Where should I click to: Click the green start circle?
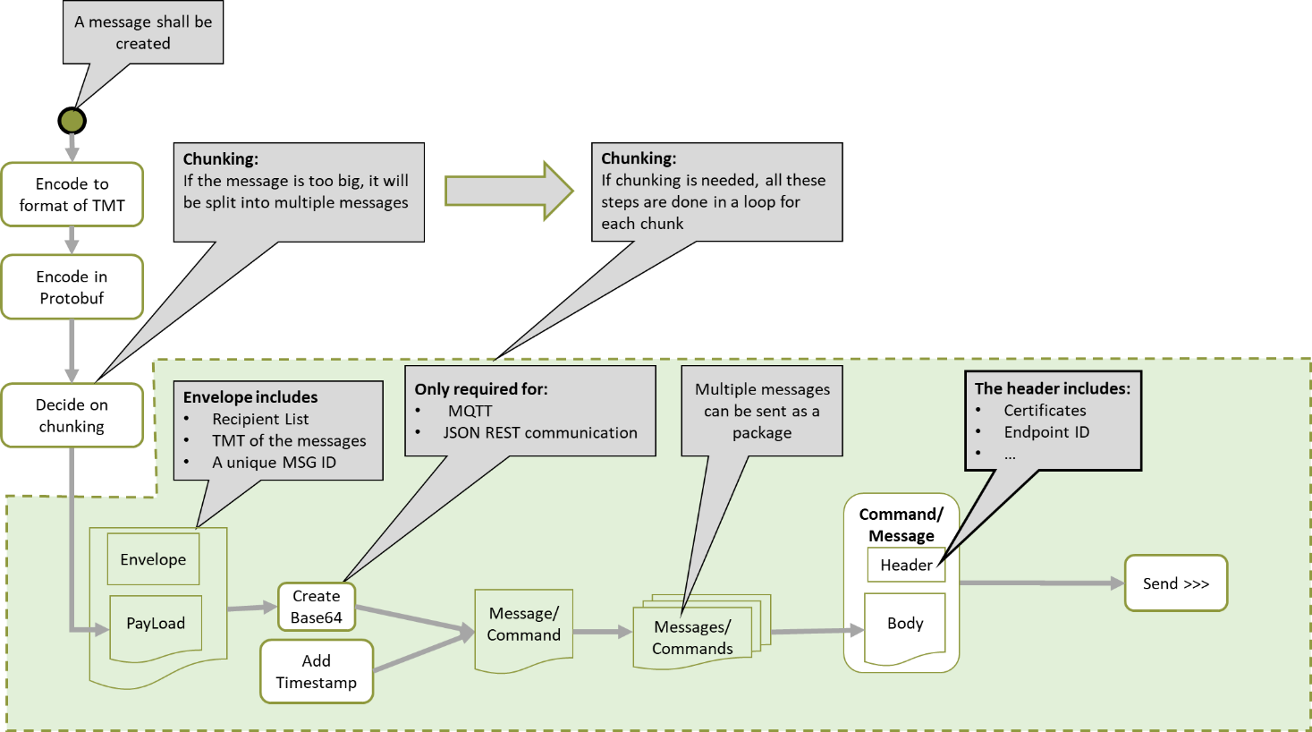click(72, 121)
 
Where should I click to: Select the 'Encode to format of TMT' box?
click(72, 194)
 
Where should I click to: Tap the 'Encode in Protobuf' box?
click(72, 287)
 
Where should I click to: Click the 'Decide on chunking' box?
click(72, 415)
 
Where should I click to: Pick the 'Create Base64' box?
click(317, 607)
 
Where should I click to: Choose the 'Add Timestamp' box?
click(317, 671)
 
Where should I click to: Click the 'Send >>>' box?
click(1175, 583)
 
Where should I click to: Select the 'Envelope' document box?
click(153, 559)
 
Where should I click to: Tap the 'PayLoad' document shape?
click(156, 625)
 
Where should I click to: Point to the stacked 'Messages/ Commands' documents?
click(693, 637)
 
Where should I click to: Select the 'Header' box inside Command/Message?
click(906, 565)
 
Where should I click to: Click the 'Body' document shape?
click(905, 625)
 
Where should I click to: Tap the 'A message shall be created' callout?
click(143, 33)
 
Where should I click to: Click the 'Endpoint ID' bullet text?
click(1046, 432)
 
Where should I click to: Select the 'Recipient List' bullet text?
click(260, 419)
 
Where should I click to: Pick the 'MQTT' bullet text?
click(470, 411)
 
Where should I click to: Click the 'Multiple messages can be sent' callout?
click(762, 411)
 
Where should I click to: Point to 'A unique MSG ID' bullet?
click(274, 463)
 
